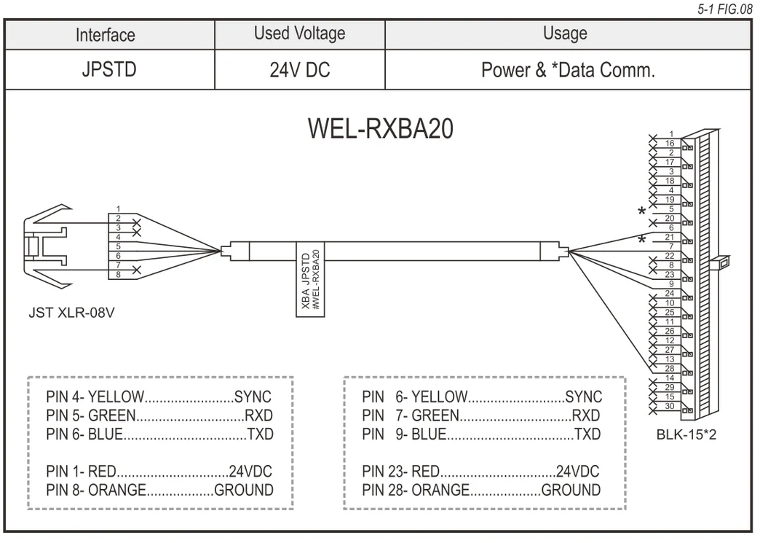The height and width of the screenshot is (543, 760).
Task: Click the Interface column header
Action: [106, 34]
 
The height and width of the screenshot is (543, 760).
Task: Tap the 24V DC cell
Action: [299, 70]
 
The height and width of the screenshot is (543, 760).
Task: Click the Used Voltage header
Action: [299, 34]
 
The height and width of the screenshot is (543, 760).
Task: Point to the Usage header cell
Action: [565, 34]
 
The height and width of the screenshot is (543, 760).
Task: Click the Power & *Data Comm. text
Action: [568, 70]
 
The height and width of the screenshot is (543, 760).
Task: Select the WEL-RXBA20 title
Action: [381, 128]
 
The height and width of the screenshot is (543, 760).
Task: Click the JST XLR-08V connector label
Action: [71, 314]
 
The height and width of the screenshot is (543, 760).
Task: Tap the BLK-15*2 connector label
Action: [685, 435]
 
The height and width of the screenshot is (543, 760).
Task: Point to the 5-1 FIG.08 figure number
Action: [725, 9]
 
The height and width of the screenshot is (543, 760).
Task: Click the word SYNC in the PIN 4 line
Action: [253, 397]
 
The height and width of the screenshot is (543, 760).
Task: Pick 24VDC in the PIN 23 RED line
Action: [577, 471]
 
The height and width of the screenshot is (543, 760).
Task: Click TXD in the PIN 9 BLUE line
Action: [587, 434]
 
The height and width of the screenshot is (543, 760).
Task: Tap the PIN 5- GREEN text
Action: [90, 416]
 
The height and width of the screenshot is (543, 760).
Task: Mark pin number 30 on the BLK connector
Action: [669, 405]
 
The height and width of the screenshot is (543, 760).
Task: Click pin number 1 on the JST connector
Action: [118, 209]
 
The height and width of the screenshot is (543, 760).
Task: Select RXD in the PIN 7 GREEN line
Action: [586, 416]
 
